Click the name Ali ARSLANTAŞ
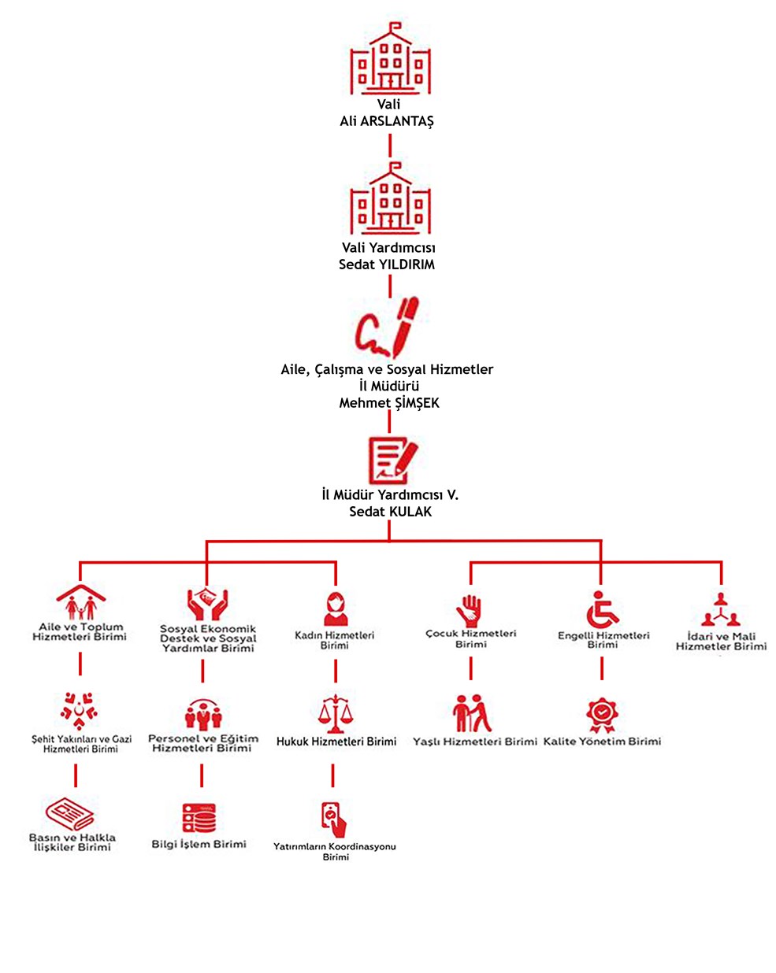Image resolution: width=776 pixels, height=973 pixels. click(x=386, y=120)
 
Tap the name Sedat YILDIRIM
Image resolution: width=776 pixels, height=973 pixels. click(x=386, y=264)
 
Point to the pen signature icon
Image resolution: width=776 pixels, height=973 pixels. click(x=388, y=327)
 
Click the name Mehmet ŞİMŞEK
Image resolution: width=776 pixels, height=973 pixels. click(x=389, y=402)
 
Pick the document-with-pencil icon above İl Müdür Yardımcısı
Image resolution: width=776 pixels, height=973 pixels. click(x=392, y=460)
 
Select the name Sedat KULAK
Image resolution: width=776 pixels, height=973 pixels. click(x=390, y=512)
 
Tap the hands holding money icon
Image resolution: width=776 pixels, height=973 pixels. click(x=207, y=604)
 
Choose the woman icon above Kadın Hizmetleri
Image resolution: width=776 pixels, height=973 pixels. click(x=336, y=608)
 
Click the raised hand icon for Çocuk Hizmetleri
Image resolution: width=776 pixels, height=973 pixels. click(x=469, y=611)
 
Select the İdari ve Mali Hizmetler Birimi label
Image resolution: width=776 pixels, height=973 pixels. click(x=721, y=641)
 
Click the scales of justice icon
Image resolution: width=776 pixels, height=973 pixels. click(x=335, y=713)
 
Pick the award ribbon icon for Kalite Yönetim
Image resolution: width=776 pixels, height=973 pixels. click(x=602, y=714)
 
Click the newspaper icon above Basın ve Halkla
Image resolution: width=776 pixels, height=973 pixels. click(x=70, y=814)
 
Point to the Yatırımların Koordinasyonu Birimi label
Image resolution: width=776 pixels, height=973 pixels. click(x=335, y=852)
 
